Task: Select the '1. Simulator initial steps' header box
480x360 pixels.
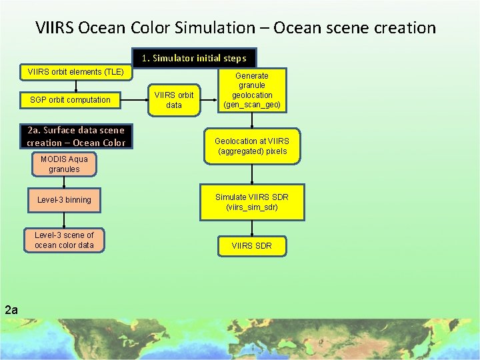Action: (194, 58)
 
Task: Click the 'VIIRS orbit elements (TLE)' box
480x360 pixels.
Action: (75, 72)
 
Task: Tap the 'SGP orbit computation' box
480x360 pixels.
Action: (70, 100)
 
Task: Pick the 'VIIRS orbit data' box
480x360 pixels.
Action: (173, 100)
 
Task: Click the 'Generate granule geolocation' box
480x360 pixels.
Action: (252, 90)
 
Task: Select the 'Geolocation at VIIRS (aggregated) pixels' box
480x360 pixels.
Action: (252, 146)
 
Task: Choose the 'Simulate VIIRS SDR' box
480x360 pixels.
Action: (252, 202)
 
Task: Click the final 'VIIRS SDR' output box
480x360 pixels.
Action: (252, 246)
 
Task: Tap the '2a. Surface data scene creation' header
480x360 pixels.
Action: (76, 137)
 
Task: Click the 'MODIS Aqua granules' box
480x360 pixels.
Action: (64, 164)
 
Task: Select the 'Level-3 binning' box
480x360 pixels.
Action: (64, 200)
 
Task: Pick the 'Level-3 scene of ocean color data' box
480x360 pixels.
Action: (64, 240)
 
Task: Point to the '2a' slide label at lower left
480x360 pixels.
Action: (11, 309)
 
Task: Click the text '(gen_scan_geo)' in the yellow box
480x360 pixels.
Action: (252, 105)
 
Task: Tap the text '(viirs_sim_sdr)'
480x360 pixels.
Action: (252, 207)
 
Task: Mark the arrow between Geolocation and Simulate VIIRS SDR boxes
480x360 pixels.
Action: (252, 173)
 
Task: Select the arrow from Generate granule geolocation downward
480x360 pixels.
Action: (252, 120)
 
